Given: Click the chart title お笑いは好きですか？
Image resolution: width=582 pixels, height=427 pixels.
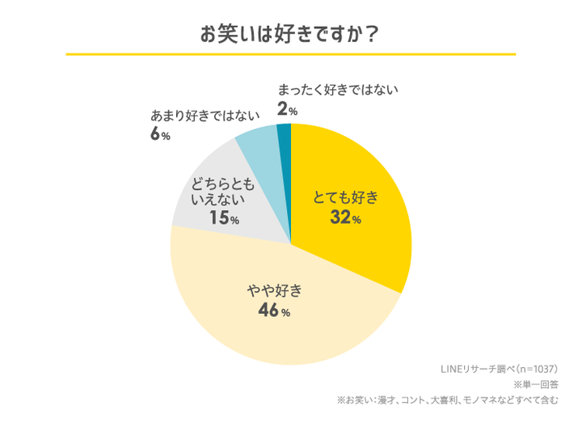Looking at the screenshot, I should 290,35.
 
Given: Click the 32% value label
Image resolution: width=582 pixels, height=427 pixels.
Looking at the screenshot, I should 344,218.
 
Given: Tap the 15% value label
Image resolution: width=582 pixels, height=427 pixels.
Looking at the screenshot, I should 222,218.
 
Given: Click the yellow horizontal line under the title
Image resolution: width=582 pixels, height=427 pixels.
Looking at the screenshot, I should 290,54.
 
